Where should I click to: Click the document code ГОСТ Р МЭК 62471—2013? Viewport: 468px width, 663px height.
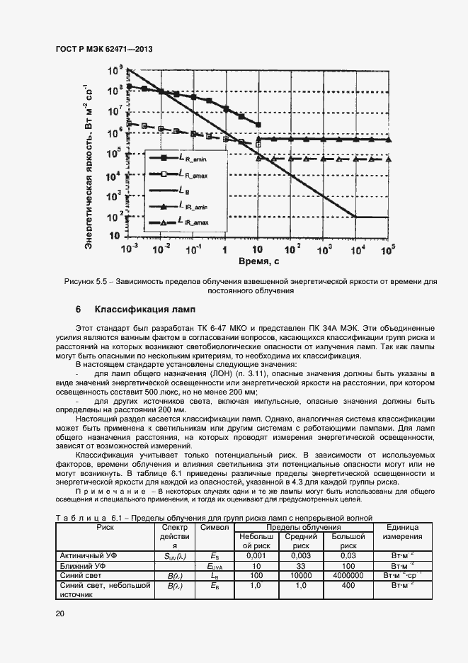[x=104, y=50]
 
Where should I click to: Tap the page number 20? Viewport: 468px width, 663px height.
[x=60, y=614]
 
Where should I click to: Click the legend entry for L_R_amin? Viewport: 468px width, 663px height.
[x=190, y=157]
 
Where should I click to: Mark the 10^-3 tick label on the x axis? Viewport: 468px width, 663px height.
[x=130, y=249]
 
